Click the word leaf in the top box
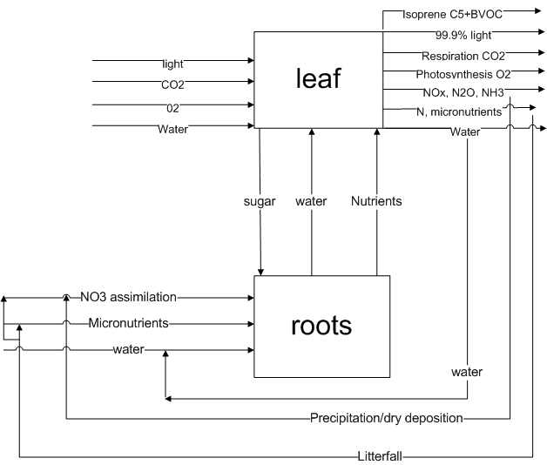click(x=318, y=79)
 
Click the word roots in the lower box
click(x=321, y=326)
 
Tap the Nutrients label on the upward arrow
click(x=376, y=201)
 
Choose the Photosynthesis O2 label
click(x=463, y=74)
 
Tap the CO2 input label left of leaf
click(x=173, y=85)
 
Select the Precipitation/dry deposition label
click(x=387, y=418)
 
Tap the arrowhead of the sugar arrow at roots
click(x=260, y=271)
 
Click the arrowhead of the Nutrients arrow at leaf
click(x=376, y=133)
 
